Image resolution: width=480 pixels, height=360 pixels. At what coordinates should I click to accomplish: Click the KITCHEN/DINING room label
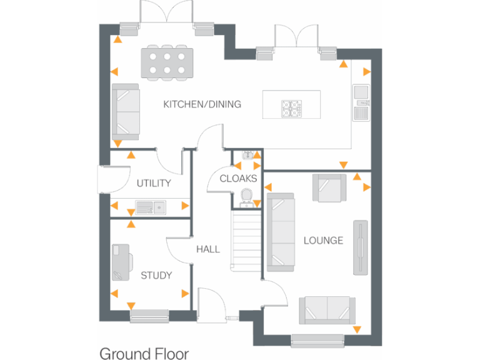202,104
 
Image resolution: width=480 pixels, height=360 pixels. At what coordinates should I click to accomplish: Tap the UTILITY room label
154,183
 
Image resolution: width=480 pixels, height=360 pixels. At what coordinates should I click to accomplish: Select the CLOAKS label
238,179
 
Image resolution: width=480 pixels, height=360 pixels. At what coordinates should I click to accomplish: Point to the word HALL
207,249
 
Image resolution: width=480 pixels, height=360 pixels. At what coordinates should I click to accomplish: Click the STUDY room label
156,275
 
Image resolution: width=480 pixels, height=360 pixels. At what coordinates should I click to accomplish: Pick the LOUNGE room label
323,240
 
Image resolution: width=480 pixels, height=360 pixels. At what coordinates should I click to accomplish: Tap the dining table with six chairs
166,63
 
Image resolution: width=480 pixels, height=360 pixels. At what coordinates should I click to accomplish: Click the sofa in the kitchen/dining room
126,112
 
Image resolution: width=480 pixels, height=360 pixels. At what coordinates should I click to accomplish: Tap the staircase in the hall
245,241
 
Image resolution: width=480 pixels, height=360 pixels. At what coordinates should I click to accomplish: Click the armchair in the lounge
329,187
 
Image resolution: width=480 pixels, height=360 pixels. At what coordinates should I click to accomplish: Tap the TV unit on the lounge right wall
361,247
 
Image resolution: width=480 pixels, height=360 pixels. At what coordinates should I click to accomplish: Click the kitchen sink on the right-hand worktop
361,102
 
